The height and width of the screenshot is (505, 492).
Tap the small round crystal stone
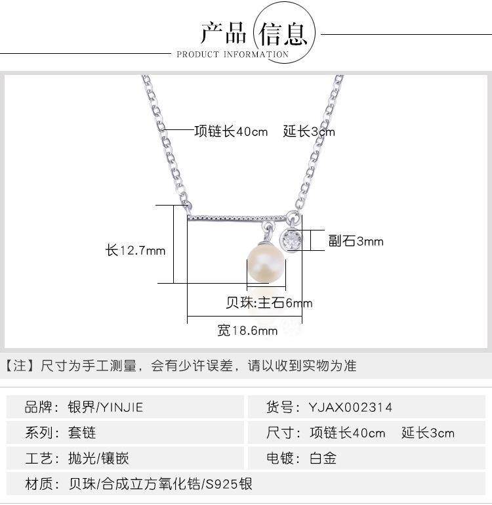291,239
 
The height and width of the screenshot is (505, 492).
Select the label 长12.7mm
135,250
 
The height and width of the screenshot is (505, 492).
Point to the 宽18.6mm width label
247,331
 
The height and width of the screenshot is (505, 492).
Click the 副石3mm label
356,242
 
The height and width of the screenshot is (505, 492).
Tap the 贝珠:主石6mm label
269,303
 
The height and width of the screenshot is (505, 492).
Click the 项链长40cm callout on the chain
231,131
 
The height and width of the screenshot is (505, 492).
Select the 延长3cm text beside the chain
309,131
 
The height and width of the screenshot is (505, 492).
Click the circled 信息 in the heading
283,32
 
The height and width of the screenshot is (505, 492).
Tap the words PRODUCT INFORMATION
232,55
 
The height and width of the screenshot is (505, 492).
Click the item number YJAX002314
351,407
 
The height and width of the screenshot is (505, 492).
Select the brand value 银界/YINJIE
105,407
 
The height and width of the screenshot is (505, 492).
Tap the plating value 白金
323,458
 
